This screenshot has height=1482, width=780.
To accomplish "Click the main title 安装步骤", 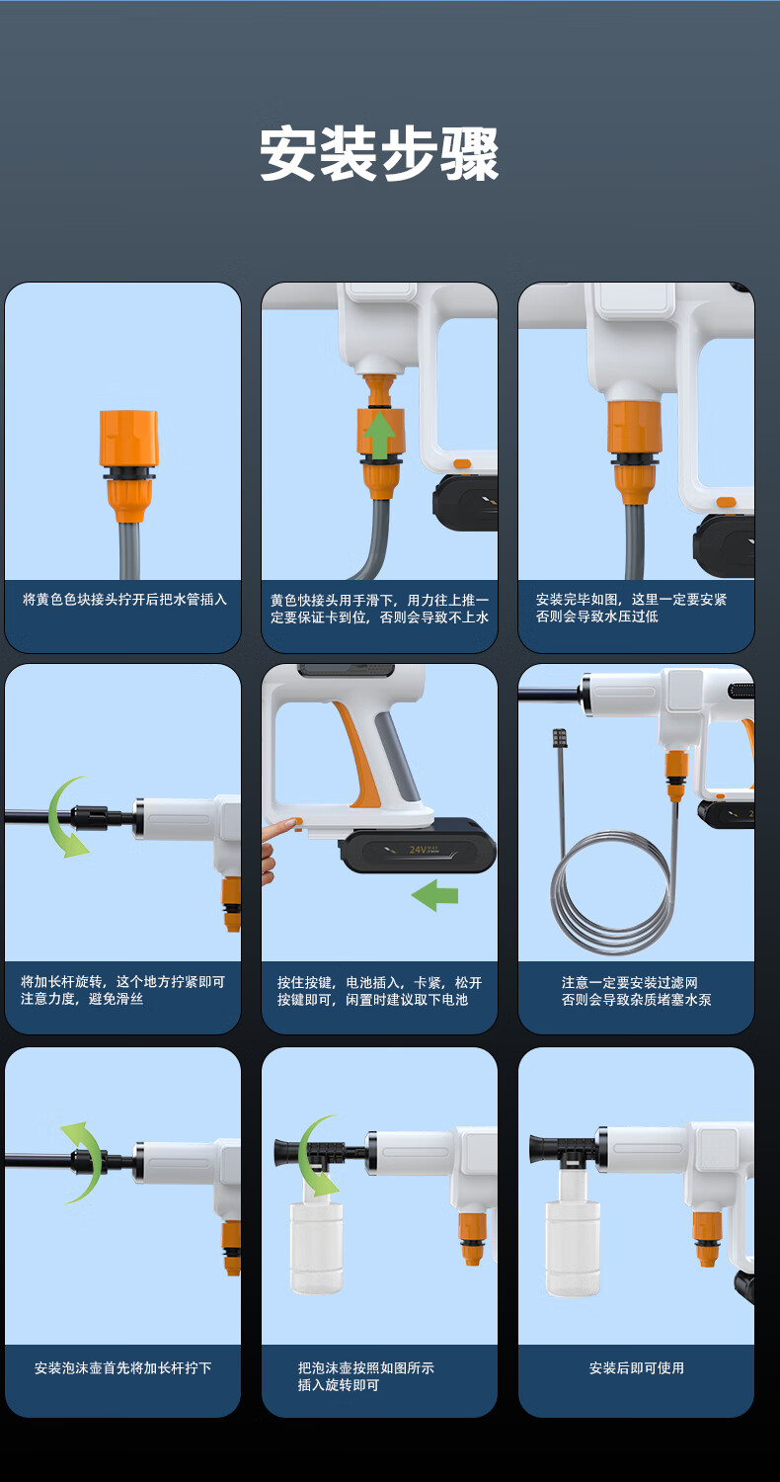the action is pos(379,154).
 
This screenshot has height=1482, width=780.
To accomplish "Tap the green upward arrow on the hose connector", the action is pos(379,435).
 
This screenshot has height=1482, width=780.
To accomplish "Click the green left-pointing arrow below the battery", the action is pos(434,895).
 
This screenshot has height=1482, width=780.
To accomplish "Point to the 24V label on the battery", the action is pos(418,850).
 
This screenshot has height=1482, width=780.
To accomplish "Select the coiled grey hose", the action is pos(611,890).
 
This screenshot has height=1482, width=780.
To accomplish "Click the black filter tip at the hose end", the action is pos(559,738).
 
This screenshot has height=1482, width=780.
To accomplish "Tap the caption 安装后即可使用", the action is pos(637,1367).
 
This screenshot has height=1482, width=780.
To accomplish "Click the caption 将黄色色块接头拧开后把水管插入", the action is pos(125,600).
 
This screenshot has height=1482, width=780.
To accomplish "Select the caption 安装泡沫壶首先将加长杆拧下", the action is pos(123,1367).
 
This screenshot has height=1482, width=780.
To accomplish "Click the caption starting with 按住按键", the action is pos(379,991).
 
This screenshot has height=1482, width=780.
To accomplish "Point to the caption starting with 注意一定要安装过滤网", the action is pos(636,991).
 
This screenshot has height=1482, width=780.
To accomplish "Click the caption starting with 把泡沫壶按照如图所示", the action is pos(365,1376).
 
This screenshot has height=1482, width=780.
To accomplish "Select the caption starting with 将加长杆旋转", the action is pos(123,990).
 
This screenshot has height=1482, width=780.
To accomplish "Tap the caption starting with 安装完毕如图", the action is pos(631,608).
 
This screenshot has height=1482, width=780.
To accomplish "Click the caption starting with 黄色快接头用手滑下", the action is pos(379,609).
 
